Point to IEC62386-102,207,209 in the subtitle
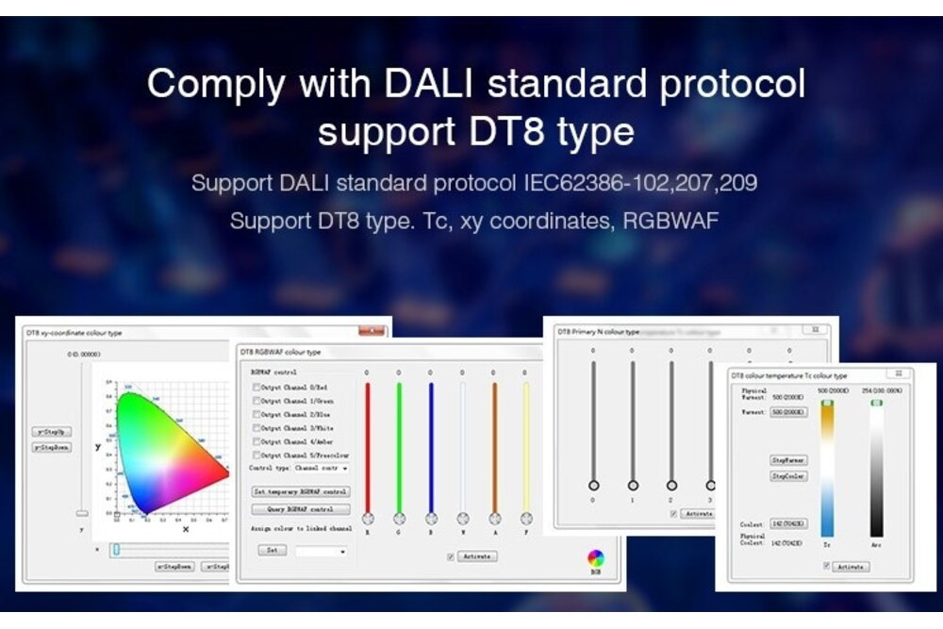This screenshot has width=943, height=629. pos(640,182)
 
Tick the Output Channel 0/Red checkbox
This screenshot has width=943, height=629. pos(256,388)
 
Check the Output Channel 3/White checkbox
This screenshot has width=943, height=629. pos(256,428)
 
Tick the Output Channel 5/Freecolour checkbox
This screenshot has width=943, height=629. pos(256,455)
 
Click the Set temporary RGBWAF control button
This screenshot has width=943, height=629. pos(301,491)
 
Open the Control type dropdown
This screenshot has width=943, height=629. pos(344,468)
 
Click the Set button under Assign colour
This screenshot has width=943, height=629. pos(272,549)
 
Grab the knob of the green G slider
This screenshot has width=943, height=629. pos(399,519)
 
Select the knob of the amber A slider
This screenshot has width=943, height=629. pos(494,519)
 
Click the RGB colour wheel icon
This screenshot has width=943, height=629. pos(595,557)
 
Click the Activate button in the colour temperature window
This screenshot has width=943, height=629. pos(851,567)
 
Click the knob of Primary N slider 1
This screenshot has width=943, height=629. pos(633,485)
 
